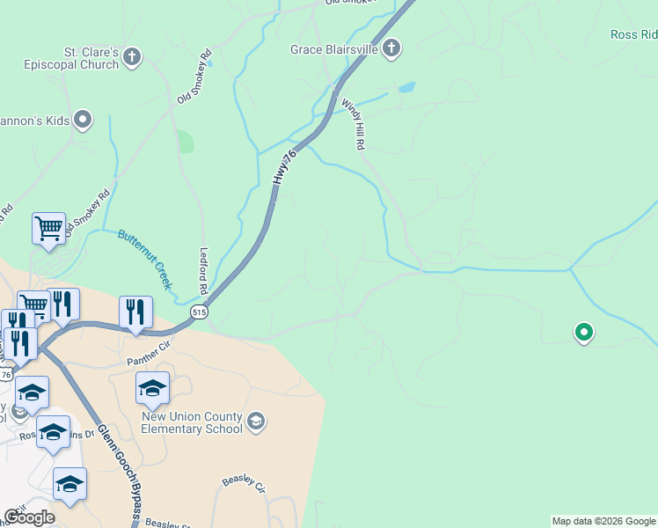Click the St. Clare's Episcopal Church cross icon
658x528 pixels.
click(132, 58)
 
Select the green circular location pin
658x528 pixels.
click(582, 333)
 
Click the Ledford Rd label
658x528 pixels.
click(203, 270)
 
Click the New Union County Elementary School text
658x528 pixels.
click(191, 423)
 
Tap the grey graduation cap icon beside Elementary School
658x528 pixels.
click(256, 422)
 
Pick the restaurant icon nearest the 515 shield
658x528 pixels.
click(135, 312)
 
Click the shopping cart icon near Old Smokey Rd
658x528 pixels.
click(49, 228)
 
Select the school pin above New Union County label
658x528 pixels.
click(152, 387)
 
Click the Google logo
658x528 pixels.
click(29, 517)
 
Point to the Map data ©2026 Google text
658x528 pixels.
click(603, 521)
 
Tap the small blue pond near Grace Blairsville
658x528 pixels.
click(406, 88)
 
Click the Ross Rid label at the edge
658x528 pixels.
click(634, 35)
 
